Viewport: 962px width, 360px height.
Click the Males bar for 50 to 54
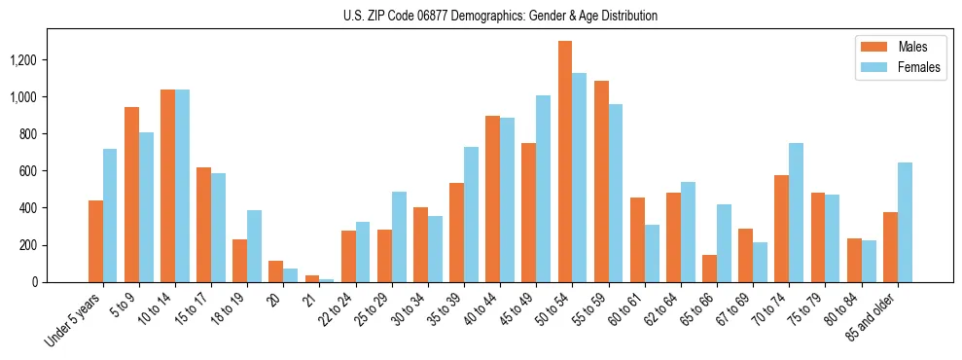(x=565, y=162)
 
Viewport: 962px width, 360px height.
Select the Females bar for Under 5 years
(x=110, y=215)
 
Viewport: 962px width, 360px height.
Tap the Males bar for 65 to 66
(x=709, y=269)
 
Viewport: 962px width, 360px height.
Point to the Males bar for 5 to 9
(x=131, y=195)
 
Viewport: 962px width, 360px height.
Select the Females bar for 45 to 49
(x=543, y=189)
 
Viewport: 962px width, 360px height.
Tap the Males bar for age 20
(x=276, y=271)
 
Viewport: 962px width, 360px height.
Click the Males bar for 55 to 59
(x=601, y=181)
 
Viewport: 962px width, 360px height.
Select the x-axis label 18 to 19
(x=230, y=310)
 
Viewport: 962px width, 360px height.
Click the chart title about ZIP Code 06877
(x=500, y=16)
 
